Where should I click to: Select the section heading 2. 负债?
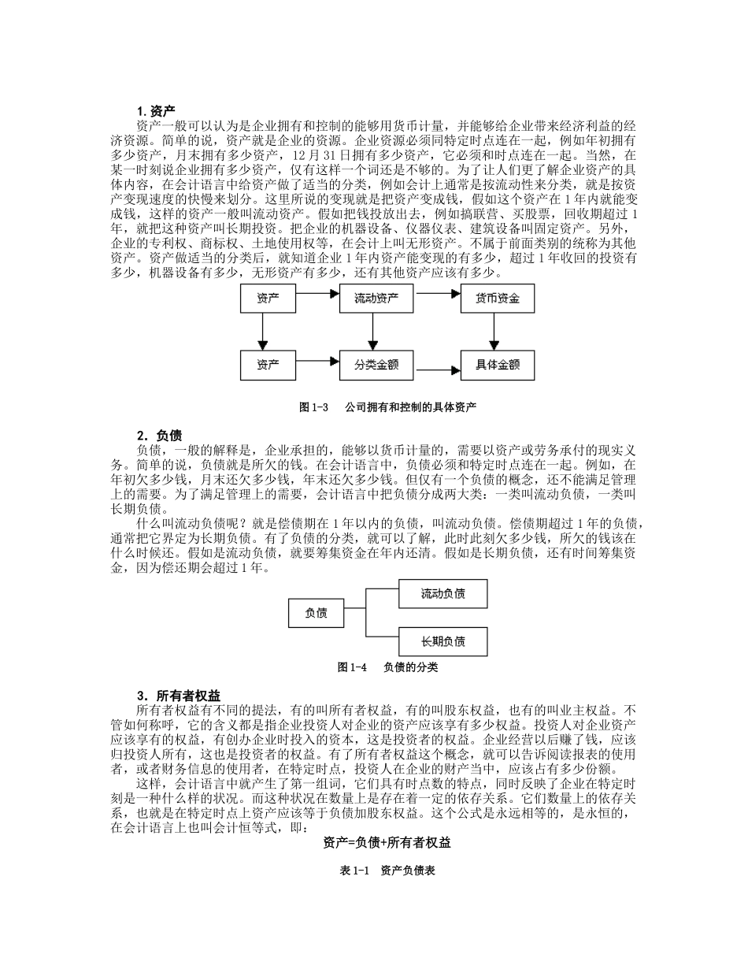coord(159,435)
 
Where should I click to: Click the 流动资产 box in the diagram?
coord(376,299)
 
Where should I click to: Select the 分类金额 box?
coord(376,365)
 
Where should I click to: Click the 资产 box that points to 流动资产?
coord(268,299)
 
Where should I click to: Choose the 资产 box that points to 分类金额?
coord(268,365)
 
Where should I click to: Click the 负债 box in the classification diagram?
coord(317,612)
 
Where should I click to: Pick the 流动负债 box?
coord(443,593)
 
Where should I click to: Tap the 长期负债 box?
coord(443,641)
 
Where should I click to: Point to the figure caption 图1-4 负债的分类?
coord(387,667)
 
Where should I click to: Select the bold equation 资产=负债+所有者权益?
coord(387,842)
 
